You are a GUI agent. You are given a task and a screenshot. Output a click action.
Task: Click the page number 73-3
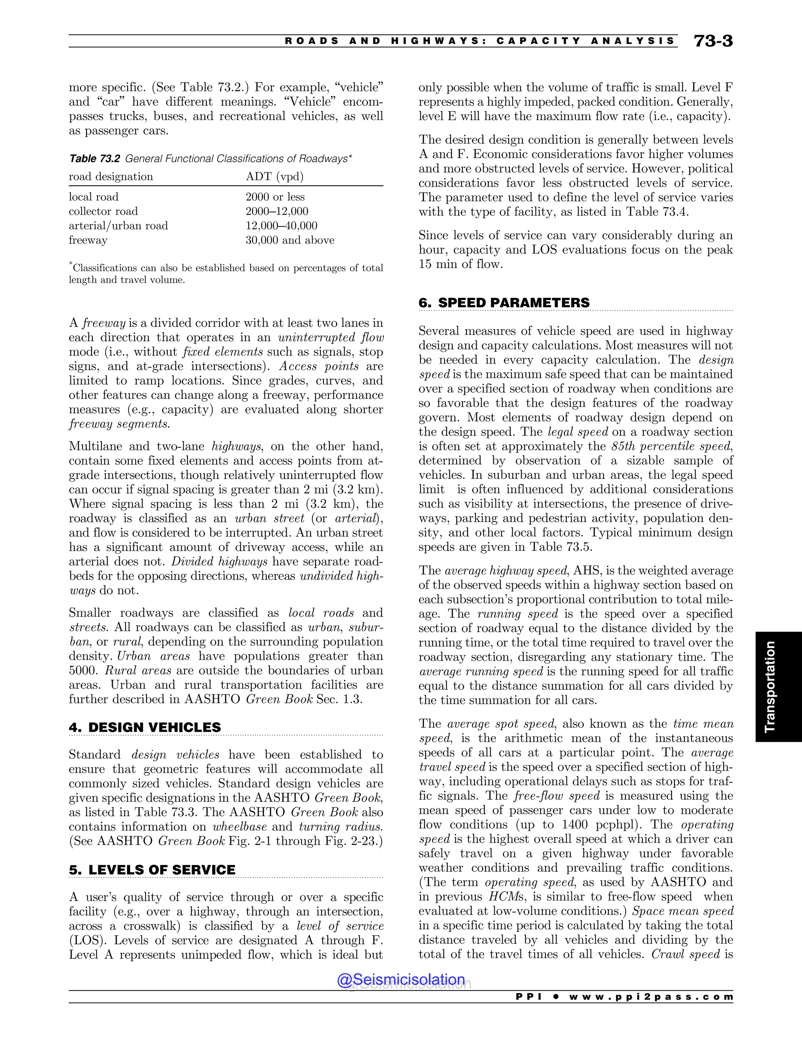pos(713,41)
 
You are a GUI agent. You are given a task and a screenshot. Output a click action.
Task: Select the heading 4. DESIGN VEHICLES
pos(145,727)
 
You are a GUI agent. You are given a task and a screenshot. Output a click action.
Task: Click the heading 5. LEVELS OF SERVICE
pos(152,870)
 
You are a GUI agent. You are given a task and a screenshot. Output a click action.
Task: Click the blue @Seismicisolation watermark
pos(401,979)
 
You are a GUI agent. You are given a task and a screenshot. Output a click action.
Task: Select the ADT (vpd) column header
pos(274,176)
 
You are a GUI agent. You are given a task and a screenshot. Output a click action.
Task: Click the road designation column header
pos(111,176)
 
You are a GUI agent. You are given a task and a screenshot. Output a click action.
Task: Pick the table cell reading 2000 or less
pos(275,197)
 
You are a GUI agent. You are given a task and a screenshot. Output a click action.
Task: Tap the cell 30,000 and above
pos(289,240)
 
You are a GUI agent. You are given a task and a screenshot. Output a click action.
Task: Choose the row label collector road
pos(103,211)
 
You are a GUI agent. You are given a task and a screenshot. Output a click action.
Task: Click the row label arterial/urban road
pos(118,225)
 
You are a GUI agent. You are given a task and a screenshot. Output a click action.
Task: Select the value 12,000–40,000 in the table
pos(281,225)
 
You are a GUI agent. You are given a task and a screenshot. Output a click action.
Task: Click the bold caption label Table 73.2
pos(94,158)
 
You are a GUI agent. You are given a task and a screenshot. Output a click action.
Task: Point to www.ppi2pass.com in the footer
pos(650,997)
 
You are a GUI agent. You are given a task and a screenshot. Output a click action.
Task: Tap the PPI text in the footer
pos(528,997)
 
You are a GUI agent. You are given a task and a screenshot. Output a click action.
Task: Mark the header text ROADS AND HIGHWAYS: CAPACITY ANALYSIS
pos(479,41)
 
